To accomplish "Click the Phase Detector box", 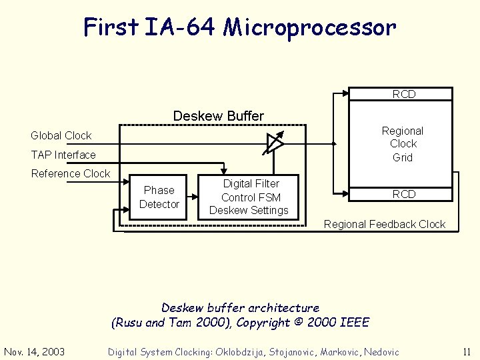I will tap(159, 197).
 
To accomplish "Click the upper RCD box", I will tap(403, 94).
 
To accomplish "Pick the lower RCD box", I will tap(403, 194).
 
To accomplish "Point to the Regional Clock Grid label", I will tap(402, 144).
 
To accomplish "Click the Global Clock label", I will tap(61, 135).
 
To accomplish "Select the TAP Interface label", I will tap(63, 155).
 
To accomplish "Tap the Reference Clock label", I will tap(71, 173).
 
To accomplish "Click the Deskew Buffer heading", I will tap(218, 116).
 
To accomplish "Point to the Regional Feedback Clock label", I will tap(384, 224).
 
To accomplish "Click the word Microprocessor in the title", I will tap(309, 28).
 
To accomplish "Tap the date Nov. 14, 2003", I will tap(35, 351).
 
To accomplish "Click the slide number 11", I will tap(466, 351).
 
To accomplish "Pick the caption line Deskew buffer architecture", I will tap(240, 308).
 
